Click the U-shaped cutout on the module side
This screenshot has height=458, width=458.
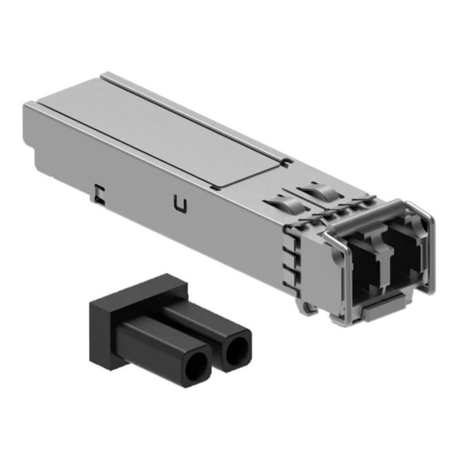181,204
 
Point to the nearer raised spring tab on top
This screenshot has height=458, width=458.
281,205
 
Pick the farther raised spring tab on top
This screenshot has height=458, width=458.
315,188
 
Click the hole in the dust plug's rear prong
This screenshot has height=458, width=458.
238,351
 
